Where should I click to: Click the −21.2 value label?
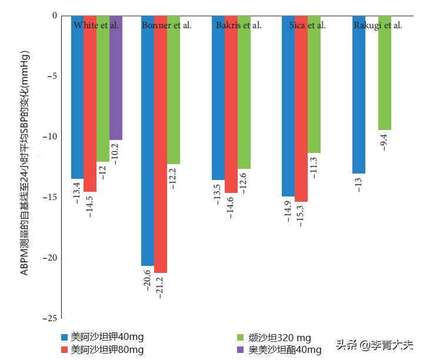coord(161,286)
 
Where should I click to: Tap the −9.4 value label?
coord(384,142)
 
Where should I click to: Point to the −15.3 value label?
coord(301,215)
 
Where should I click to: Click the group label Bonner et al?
coord(166,25)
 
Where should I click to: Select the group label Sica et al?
coord(308,25)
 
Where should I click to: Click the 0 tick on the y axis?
coord(54,16)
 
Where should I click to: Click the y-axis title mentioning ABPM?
coord(25,163)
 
